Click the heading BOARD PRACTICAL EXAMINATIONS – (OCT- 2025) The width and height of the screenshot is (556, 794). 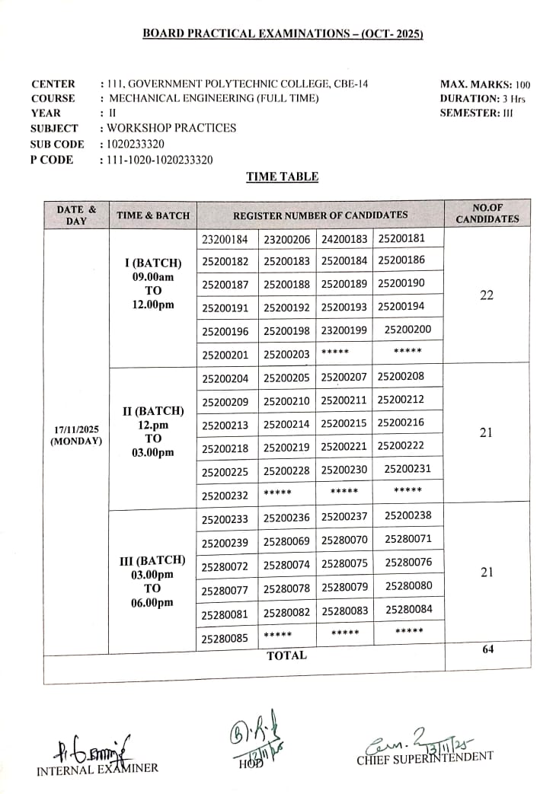click(x=283, y=33)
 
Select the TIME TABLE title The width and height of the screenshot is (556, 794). click(x=282, y=177)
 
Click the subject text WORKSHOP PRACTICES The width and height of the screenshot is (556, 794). click(x=171, y=128)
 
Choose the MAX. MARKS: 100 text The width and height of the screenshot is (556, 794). click(x=484, y=85)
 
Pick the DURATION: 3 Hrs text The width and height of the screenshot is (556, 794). click(x=482, y=99)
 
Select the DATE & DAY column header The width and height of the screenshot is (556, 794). click(x=76, y=215)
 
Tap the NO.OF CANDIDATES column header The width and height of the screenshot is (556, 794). click(x=487, y=213)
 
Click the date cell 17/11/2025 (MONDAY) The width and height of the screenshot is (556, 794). click(x=76, y=435)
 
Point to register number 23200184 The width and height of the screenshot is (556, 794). click(x=225, y=239)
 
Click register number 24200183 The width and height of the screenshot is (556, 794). click(x=344, y=239)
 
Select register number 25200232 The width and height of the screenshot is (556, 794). click(x=225, y=495)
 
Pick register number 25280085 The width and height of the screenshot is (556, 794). click(x=225, y=639)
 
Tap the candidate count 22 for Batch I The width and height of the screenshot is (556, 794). click(x=487, y=295)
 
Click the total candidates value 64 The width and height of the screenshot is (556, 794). click(x=488, y=649)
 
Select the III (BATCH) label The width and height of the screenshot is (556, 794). click(x=152, y=560)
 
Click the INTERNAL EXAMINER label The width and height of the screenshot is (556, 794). click(x=97, y=767)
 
